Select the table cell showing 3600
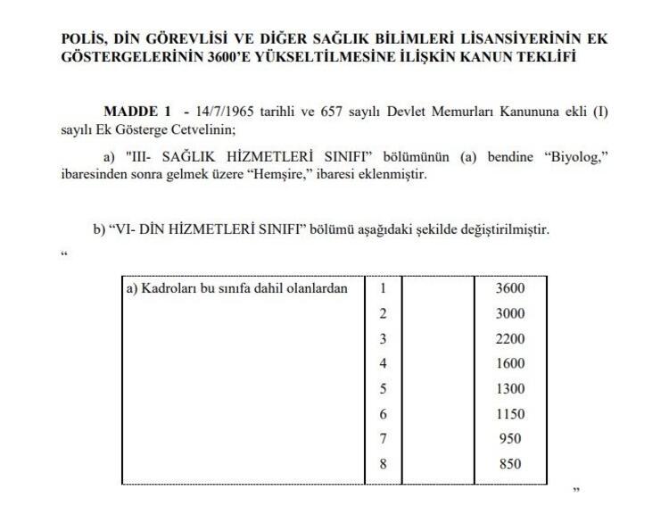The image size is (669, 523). coord(511,288)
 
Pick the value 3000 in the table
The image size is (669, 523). coord(511,313)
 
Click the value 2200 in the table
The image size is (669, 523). coord(511,338)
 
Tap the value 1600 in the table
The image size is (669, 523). coord(511,363)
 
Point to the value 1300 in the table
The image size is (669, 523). coord(511,388)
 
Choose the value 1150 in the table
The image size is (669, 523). coord(511,413)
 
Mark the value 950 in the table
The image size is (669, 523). coord(511,438)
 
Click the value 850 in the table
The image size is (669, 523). coord(511,463)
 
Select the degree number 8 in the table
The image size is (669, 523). coord(384,463)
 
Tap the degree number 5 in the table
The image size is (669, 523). coord(384,388)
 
